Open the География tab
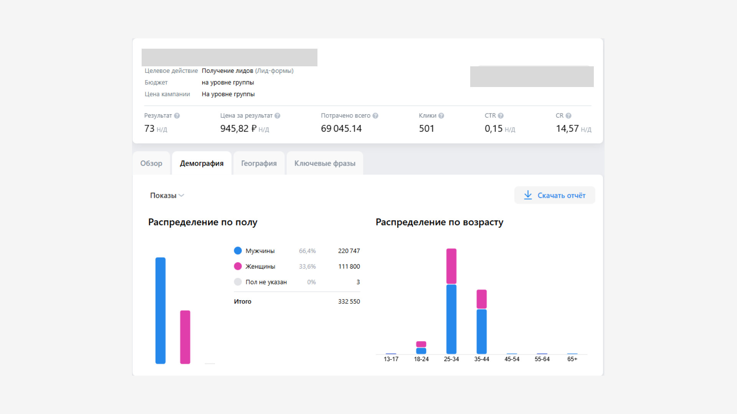pyautogui.click(x=259, y=163)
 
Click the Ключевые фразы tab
pyautogui.click(x=325, y=163)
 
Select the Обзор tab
pyautogui.click(x=151, y=163)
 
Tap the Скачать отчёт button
pyautogui.click(x=555, y=195)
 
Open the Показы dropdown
pyautogui.click(x=167, y=195)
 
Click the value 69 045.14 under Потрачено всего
pyautogui.click(x=341, y=128)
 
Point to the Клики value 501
pyautogui.click(x=426, y=128)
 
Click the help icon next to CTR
pyautogui.click(x=501, y=116)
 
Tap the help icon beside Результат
pyautogui.click(x=177, y=116)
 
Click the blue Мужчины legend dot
pyautogui.click(x=238, y=251)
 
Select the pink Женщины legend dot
pyautogui.click(x=238, y=266)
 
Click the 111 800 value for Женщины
pyautogui.click(x=349, y=266)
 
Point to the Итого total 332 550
pyautogui.click(x=349, y=302)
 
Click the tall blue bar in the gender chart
pyautogui.click(x=160, y=310)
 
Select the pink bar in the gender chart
pyautogui.click(x=185, y=337)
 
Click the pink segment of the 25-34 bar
pyautogui.click(x=451, y=266)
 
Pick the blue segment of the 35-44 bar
pyautogui.click(x=482, y=332)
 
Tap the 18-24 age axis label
pyautogui.click(x=421, y=359)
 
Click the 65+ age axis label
pyautogui.click(x=572, y=359)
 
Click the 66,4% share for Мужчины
pyautogui.click(x=307, y=251)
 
